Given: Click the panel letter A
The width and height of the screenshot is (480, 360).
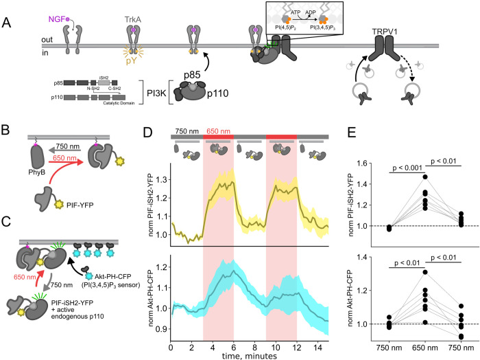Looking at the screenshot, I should (9, 22).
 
